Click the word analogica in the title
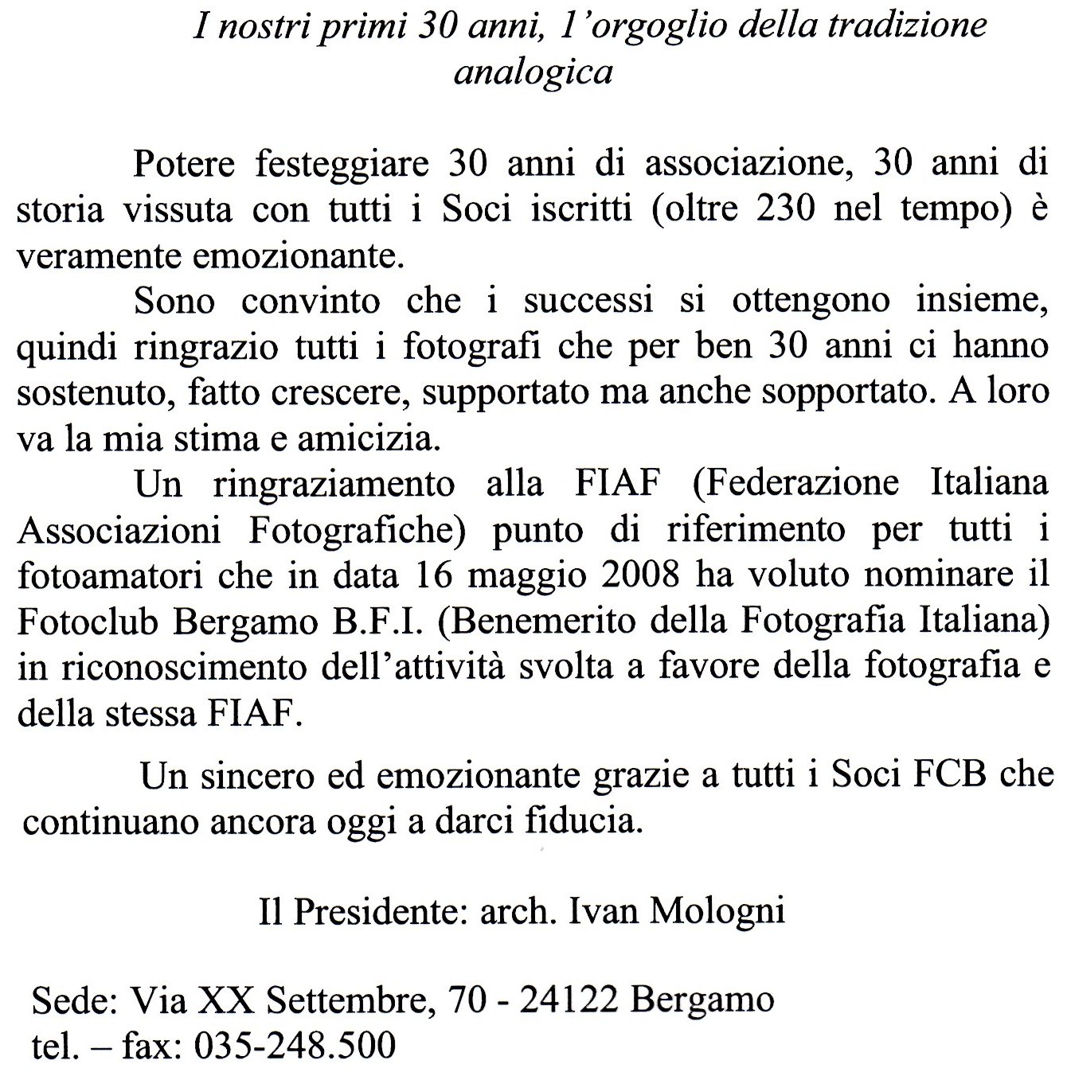[x=533, y=72]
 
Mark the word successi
[x=589, y=301]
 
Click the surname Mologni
[x=717, y=910]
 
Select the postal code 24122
[x=569, y=1000]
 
